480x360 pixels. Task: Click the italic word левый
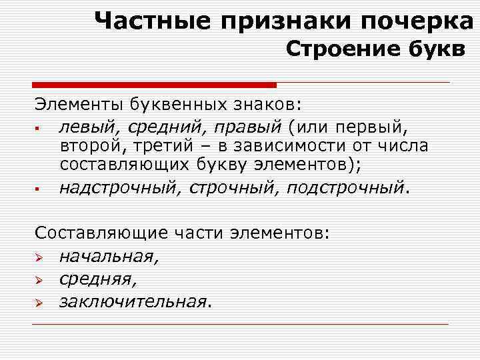point(83,125)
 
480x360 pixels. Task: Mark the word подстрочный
point(345,189)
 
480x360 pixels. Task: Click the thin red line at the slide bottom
point(240,324)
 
